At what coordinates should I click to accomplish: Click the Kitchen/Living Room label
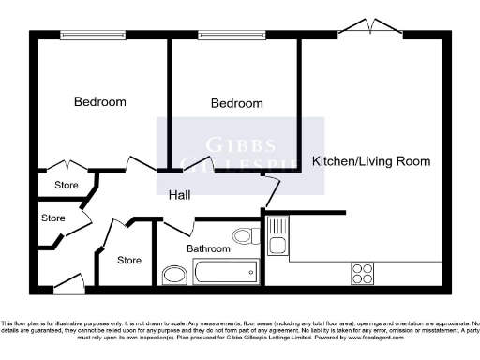[371, 161]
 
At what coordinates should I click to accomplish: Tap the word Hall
[181, 196]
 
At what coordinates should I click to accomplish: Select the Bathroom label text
[208, 248]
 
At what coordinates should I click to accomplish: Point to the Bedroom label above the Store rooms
[100, 101]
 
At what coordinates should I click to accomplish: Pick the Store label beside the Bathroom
[129, 259]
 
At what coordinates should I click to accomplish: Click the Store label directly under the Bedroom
[67, 185]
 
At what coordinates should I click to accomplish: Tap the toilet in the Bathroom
[246, 236]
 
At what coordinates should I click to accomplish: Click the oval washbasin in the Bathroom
[174, 275]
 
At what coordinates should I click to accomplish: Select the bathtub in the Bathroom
[226, 273]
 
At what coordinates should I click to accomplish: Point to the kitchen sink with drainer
[277, 237]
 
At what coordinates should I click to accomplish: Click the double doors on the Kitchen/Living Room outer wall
[364, 25]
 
